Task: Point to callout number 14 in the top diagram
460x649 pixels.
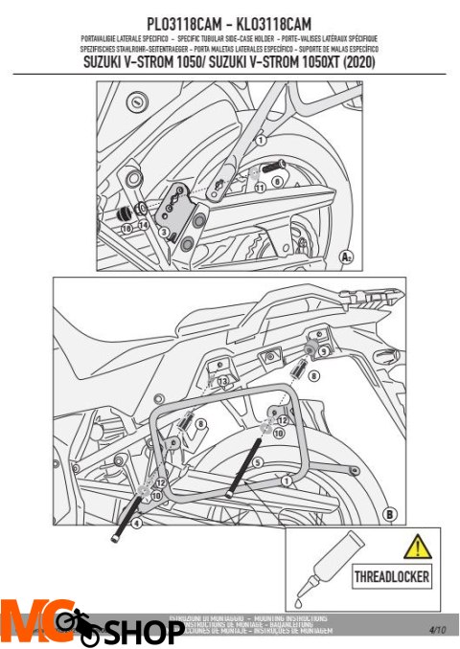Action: click(143, 225)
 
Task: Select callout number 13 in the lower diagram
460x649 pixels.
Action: click(222, 382)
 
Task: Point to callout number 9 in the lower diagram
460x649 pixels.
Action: click(323, 351)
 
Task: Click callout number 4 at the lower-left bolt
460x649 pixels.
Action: click(137, 523)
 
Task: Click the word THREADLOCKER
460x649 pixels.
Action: click(392, 578)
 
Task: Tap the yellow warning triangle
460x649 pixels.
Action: click(417, 548)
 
